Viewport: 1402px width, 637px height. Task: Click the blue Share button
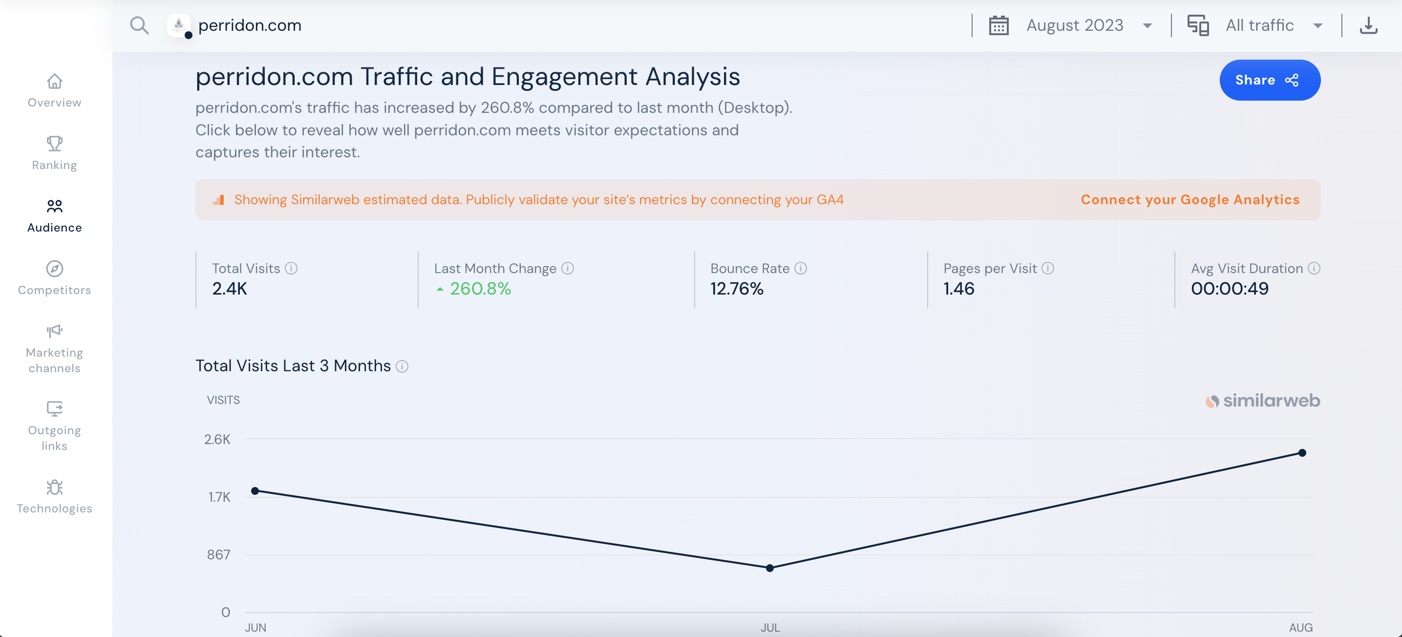1269,80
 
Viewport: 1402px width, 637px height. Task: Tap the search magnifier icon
139,25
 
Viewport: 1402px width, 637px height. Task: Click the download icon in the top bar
1368,25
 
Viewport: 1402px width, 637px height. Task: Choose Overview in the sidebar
54,91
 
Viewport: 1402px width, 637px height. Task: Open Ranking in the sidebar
54,153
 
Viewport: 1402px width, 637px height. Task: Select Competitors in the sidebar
54,278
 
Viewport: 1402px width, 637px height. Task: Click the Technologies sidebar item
54,496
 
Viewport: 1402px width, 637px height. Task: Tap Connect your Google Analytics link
1190,200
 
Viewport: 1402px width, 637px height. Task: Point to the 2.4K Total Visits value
230,289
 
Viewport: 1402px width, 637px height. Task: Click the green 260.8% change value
480,289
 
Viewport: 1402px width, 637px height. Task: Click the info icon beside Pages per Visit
1048,268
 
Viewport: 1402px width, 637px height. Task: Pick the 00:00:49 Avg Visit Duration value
1230,289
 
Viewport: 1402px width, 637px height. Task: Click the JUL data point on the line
769,568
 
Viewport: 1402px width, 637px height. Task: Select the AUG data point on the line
1302,452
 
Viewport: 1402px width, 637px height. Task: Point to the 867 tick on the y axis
218,555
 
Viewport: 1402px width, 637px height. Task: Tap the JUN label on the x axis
255,628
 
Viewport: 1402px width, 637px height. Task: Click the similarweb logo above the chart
1263,401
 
